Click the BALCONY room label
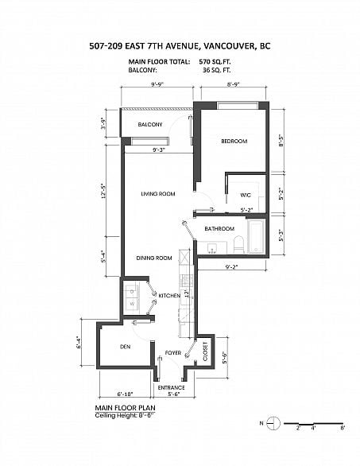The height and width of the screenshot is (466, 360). [x=150, y=125]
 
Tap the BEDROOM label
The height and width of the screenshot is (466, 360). [x=234, y=142]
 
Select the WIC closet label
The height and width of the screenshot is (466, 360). [x=246, y=196]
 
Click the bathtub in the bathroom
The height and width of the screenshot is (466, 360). [x=256, y=236]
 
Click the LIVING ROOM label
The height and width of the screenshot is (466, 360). [x=158, y=194]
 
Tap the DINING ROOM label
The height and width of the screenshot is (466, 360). [x=154, y=258]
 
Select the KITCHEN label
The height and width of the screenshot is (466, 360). [x=169, y=296]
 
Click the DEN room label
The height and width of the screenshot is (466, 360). [x=125, y=347]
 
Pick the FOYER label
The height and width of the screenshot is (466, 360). [x=173, y=353]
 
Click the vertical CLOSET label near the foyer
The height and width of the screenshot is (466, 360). [x=205, y=351]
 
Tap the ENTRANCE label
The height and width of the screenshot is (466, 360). [x=171, y=388]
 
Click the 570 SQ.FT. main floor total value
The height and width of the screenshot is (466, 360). [x=215, y=62]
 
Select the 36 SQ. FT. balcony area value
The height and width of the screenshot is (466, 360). [x=216, y=71]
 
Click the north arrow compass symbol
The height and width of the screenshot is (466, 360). [x=273, y=423]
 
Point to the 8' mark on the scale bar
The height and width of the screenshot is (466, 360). [x=343, y=429]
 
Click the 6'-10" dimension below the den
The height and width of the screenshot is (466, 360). [x=125, y=394]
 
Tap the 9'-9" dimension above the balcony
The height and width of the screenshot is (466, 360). [x=157, y=84]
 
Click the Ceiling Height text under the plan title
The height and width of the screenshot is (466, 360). [x=125, y=415]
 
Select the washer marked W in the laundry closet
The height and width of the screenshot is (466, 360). [x=132, y=304]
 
